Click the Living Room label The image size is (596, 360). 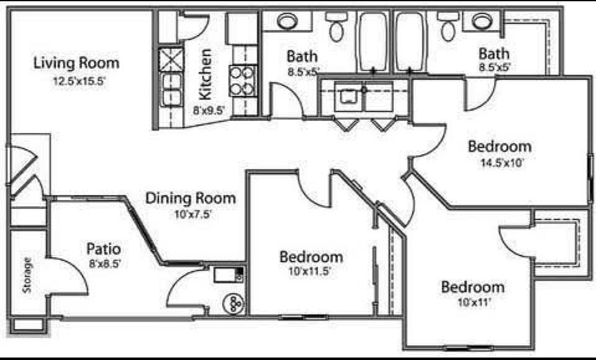point(76,63)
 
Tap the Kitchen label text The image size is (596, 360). point(205,74)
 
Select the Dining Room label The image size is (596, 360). point(191,199)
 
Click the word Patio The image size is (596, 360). point(104,249)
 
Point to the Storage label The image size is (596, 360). point(27,275)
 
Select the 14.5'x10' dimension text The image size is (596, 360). point(502,163)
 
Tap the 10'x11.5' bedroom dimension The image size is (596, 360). point(310,272)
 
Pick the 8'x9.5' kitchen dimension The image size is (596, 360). point(209,110)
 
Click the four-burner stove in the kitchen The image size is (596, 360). point(243,81)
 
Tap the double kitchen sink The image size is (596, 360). point(171,90)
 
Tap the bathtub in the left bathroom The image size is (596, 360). point(373,42)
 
